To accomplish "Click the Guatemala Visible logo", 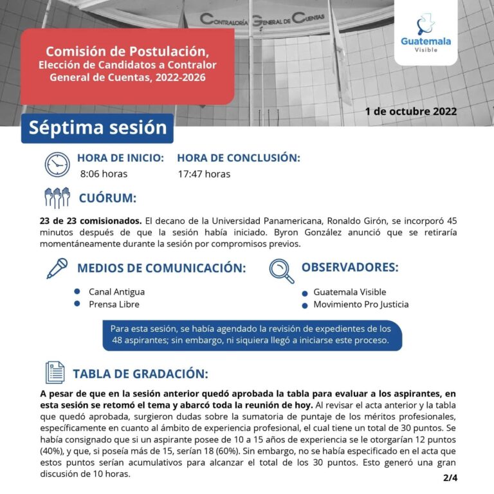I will pyautogui.click(x=425, y=33).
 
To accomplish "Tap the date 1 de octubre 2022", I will pyautogui.click(x=410, y=111).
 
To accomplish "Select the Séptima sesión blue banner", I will pyautogui.click(x=97, y=127).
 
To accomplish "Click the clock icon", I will pyautogui.click(x=57, y=165).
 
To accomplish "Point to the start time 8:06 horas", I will pyautogui.click(x=104, y=174).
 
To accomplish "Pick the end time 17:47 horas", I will pyautogui.click(x=204, y=174).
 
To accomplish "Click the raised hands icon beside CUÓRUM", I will pyautogui.click(x=57, y=197).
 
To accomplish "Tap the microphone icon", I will pyautogui.click(x=57, y=267).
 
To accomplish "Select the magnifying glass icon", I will pyautogui.click(x=280, y=270).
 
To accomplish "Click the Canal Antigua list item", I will pyautogui.click(x=116, y=291).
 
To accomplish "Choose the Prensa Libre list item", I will pyautogui.click(x=114, y=304).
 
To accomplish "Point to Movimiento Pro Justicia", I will pyautogui.click(x=361, y=304).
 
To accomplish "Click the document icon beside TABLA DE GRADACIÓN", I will pyautogui.click(x=55, y=372).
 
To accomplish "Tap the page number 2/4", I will pyautogui.click(x=449, y=478).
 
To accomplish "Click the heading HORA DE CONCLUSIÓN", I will pyautogui.click(x=238, y=158).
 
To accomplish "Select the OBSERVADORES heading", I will pyautogui.click(x=350, y=266).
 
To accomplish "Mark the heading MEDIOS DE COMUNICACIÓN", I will pyautogui.click(x=161, y=268).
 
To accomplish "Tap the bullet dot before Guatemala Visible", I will pyautogui.click(x=304, y=293).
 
